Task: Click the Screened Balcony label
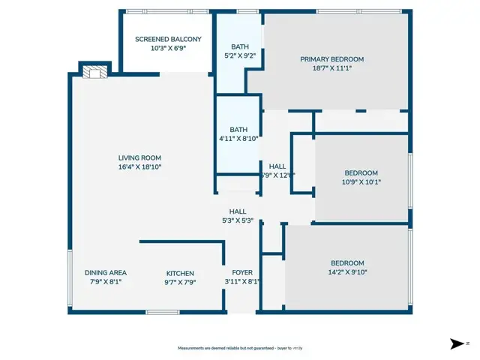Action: click(168, 39)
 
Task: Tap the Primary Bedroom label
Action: click(331, 59)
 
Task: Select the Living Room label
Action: click(139, 157)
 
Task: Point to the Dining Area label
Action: click(105, 272)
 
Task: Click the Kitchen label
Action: click(180, 273)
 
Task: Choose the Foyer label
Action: click(241, 272)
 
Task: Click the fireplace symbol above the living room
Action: click(94, 72)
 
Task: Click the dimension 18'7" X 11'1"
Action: click(331, 67)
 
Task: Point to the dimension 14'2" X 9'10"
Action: click(347, 272)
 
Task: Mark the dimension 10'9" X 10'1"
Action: click(361, 181)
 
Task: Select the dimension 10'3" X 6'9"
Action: click(168, 48)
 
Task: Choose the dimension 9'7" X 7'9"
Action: click(180, 282)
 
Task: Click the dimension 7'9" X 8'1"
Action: click(105, 282)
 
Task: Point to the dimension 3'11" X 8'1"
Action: click(241, 282)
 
